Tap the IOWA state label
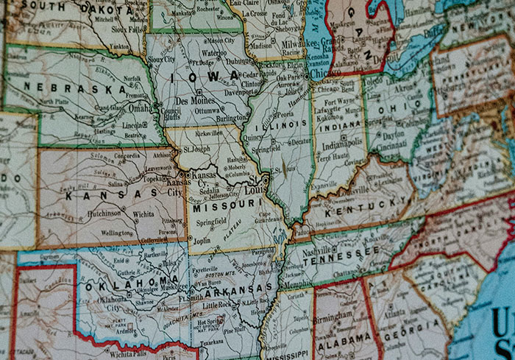[x=204, y=76]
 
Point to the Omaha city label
[x=141, y=107]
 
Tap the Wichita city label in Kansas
[x=143, y=216]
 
